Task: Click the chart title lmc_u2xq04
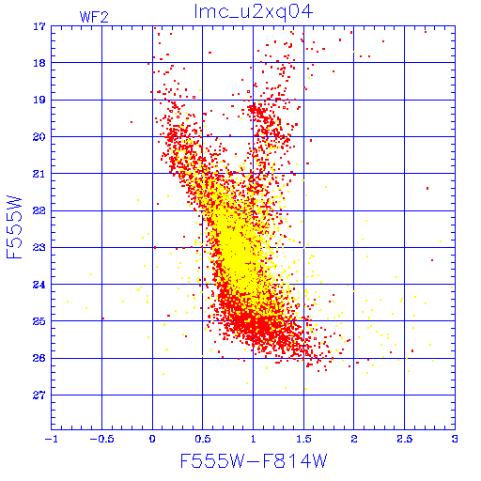tap(254, 12)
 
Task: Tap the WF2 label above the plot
tap(94, 17)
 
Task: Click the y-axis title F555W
tap(14, 227)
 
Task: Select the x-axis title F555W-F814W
tap(254, 460)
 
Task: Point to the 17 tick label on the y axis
tap(39, 26)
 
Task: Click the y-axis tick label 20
tap(39, 137)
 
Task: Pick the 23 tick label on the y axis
tap(39, 248)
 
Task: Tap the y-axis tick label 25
tap(39, 321)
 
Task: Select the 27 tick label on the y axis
tap(39, 396)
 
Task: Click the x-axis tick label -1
tap(52, 439)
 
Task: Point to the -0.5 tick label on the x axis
tap(101, 439)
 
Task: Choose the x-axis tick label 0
tap(152, 439)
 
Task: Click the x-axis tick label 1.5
tap(303, 439)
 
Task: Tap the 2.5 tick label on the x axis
tap(405, 439)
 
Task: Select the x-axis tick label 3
tap(455, 439)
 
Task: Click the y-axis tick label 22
tap(39, 210)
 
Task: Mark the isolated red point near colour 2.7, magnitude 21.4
tap(427, 188)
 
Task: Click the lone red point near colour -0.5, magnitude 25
tap(103, 318)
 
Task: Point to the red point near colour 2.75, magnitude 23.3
tap(432, 260)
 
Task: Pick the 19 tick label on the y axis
tap(39, 101)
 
